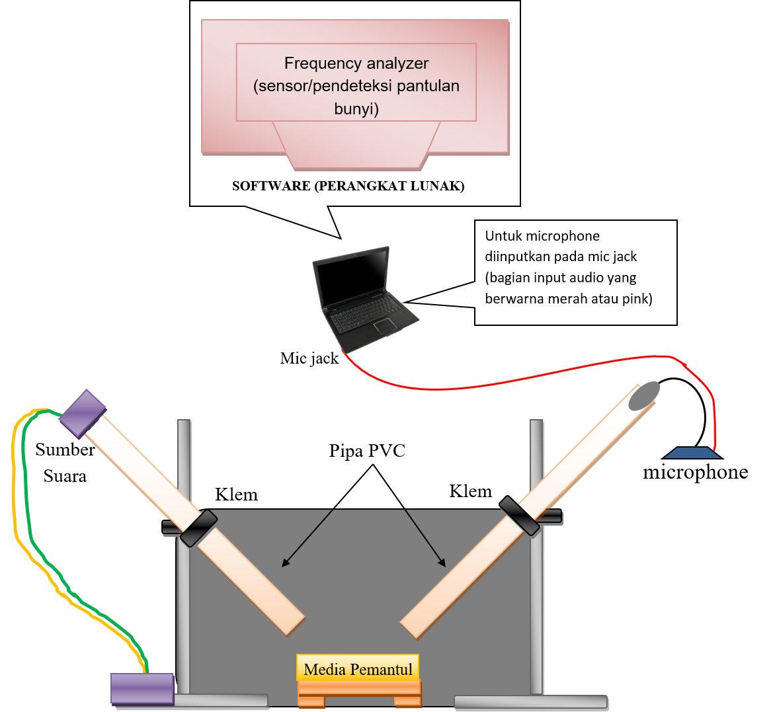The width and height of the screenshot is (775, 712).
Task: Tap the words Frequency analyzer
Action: tap(356, 63)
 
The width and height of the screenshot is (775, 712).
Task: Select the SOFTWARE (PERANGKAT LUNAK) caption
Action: tap(348, 186)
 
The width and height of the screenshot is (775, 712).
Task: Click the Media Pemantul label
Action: tap(358, 669)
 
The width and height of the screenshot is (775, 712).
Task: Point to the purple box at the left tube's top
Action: tap(83, 413)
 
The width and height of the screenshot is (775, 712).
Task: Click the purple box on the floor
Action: tap(142, 688)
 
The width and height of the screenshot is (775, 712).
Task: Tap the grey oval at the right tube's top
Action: tap(644, 395)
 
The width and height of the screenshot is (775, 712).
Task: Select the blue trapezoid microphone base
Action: tap(692, 453)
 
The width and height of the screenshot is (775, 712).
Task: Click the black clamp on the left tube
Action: tap(198, 528)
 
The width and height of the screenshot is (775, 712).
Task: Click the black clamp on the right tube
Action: tap(519, 516)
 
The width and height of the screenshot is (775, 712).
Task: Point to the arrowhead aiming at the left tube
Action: tap(285, 563)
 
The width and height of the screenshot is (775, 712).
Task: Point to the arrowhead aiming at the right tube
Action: tap(442, 563)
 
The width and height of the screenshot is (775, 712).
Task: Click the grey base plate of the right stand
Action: tap(530, 702)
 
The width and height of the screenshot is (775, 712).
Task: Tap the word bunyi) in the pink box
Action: tap(356, 108)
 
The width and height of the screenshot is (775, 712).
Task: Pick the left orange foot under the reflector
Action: tap(311, 701)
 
